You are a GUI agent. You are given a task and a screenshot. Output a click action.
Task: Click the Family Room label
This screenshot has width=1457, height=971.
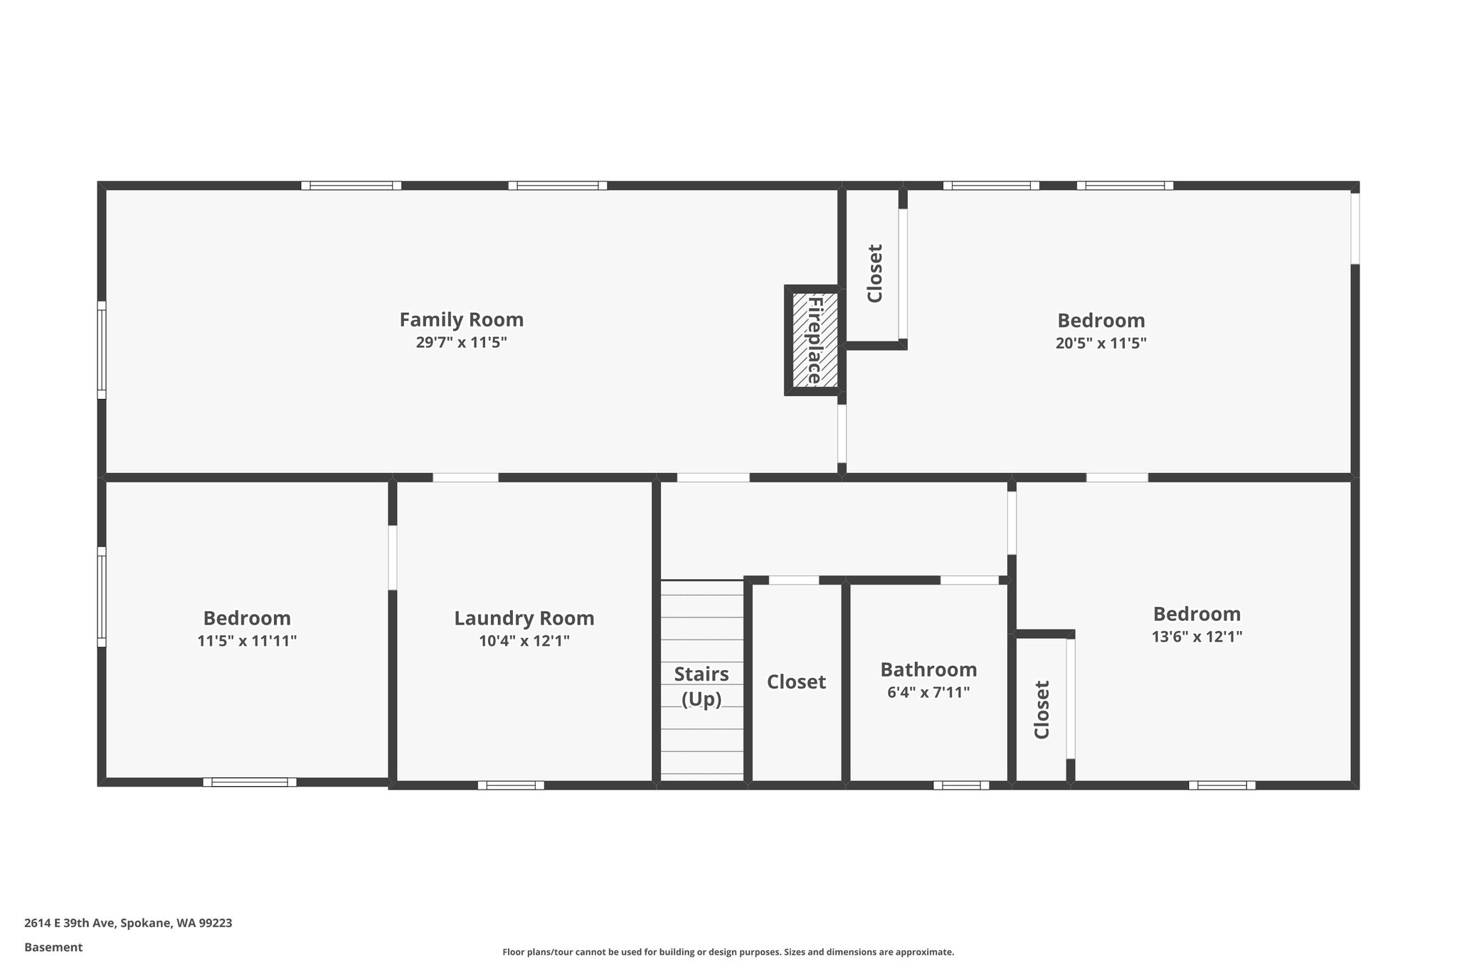(x=461, y=320)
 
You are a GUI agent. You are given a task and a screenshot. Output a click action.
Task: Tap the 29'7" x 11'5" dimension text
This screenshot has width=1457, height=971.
(x=461, y=343)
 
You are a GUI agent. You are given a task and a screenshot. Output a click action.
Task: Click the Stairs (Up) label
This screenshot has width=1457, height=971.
(x=701, y=686)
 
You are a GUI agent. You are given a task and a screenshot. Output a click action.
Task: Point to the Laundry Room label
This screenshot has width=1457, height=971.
(x=524, y=619)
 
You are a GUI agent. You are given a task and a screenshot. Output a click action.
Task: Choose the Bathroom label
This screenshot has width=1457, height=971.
(x=928, y=669)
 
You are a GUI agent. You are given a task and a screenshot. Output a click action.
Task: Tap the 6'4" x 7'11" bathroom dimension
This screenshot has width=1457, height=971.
(x=928, y=692)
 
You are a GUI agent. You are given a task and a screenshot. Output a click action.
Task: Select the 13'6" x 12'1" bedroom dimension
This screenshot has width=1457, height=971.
(x=1197, y=637)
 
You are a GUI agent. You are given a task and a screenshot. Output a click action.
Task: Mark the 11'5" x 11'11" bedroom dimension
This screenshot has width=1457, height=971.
(x=247, y=641)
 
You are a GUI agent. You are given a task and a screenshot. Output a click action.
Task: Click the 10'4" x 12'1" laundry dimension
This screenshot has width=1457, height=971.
(x=524, y=641)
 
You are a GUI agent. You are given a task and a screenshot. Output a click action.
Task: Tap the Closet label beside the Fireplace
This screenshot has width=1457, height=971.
(x=875, y=274)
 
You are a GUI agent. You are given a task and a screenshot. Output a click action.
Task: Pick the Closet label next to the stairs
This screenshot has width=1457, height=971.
(x=796, y=682)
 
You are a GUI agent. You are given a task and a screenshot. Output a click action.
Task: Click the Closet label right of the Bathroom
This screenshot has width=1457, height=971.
(x=1042, y=710)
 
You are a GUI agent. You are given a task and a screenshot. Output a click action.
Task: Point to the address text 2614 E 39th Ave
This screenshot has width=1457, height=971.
(x=69, y=923)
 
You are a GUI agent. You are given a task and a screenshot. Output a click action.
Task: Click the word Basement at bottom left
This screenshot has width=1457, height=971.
(x=53, y=948)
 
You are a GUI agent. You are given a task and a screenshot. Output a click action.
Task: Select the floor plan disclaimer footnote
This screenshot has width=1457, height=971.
(x=728, y=952)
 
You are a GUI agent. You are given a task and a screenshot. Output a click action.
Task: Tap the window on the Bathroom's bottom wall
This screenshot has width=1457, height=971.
(x=961, y=785)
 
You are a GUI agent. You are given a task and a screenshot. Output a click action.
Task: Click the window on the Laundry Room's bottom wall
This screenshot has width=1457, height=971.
(x=511, y=785)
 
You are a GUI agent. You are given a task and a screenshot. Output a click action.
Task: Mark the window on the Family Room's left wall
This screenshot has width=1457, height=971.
(x=102, y=350)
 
